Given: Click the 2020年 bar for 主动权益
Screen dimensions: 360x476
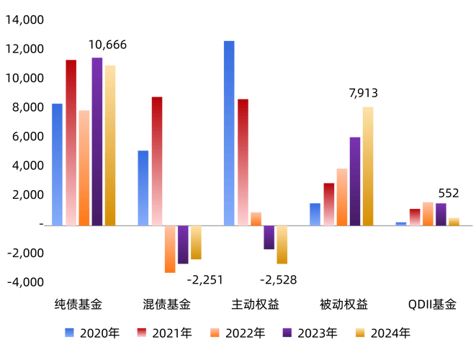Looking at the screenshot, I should click(x=229, y=132).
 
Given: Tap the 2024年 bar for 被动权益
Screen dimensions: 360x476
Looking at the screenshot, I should click(x=368, y=166).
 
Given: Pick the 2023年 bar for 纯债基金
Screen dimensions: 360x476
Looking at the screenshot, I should click(x=97, y=141).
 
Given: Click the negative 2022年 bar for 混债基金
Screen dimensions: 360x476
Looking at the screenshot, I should click(x=170, y=249).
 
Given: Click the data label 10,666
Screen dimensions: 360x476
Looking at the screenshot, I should click(x=107, y=45).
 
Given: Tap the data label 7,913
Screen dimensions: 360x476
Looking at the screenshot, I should click(x=363, y=93).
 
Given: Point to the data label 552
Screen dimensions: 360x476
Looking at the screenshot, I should click(x=449, y=194).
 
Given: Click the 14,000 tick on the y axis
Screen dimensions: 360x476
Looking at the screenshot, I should click(x=24, y=20).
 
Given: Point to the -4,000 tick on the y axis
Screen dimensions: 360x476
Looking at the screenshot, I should click(x=24, y=282).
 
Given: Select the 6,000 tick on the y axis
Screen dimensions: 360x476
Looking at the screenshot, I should click(x=27, y=136).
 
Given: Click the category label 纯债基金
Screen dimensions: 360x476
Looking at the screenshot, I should click(x=78, y=305).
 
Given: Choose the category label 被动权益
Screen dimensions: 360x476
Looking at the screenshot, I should click(x=343, y=305).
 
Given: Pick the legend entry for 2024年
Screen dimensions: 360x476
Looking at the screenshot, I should click(x=387, y=333).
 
